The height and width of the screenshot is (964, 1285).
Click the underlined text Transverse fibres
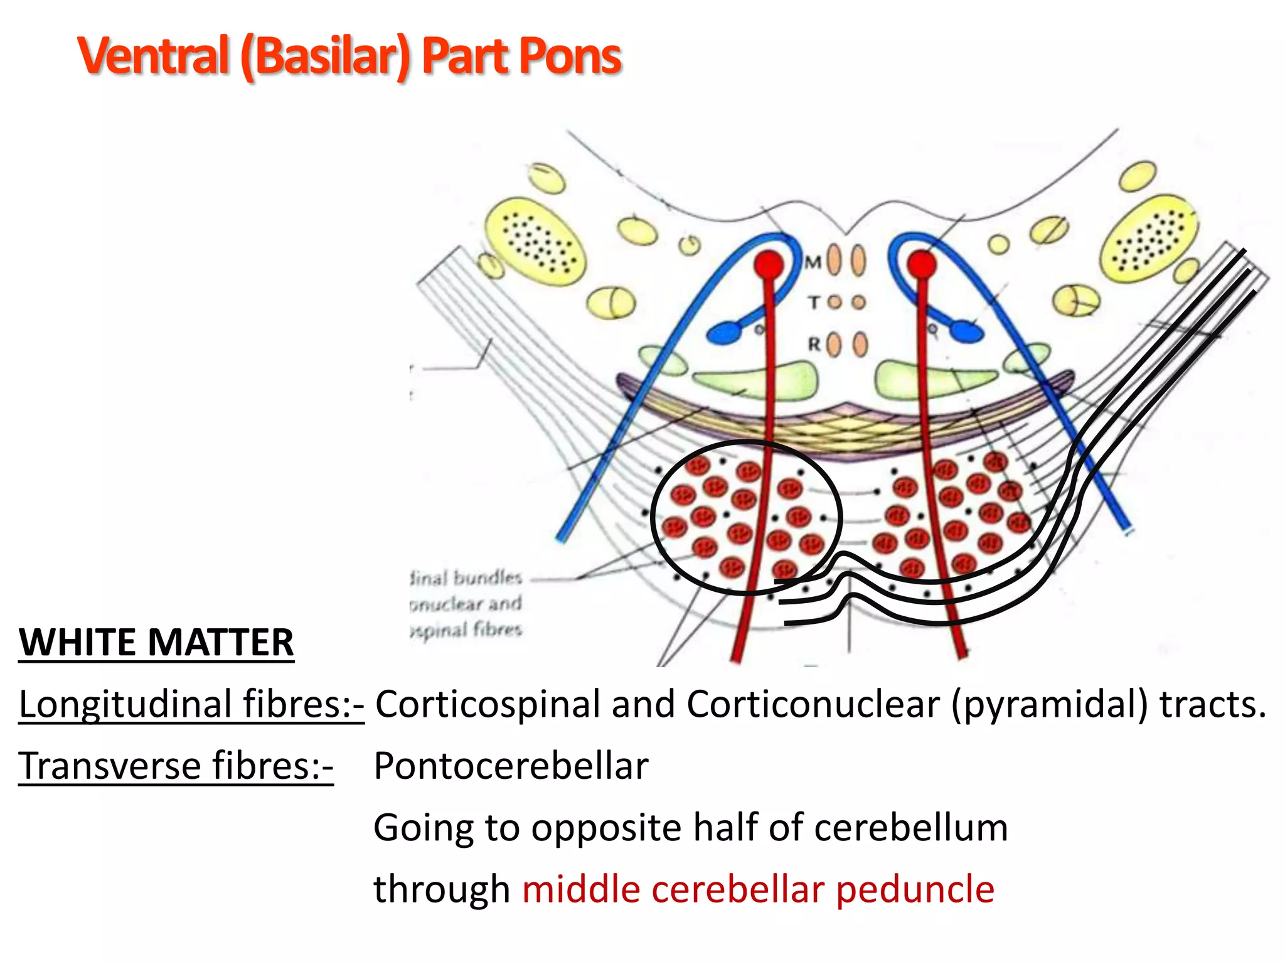[x=176, y=766]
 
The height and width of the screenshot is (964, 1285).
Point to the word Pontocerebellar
[x=511, y=766]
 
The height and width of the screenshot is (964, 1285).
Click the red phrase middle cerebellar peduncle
[x=758, y=889]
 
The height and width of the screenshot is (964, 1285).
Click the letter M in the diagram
[x=813, y=262]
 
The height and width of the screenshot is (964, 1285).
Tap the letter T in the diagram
[x=814, y=303]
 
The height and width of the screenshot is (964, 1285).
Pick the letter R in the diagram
[x=814, y=344]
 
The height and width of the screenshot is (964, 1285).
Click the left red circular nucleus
[x=769, y=264]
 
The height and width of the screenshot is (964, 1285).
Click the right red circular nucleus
[x=921, y=264]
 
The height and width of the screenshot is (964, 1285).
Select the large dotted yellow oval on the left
[x=535, y=241]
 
